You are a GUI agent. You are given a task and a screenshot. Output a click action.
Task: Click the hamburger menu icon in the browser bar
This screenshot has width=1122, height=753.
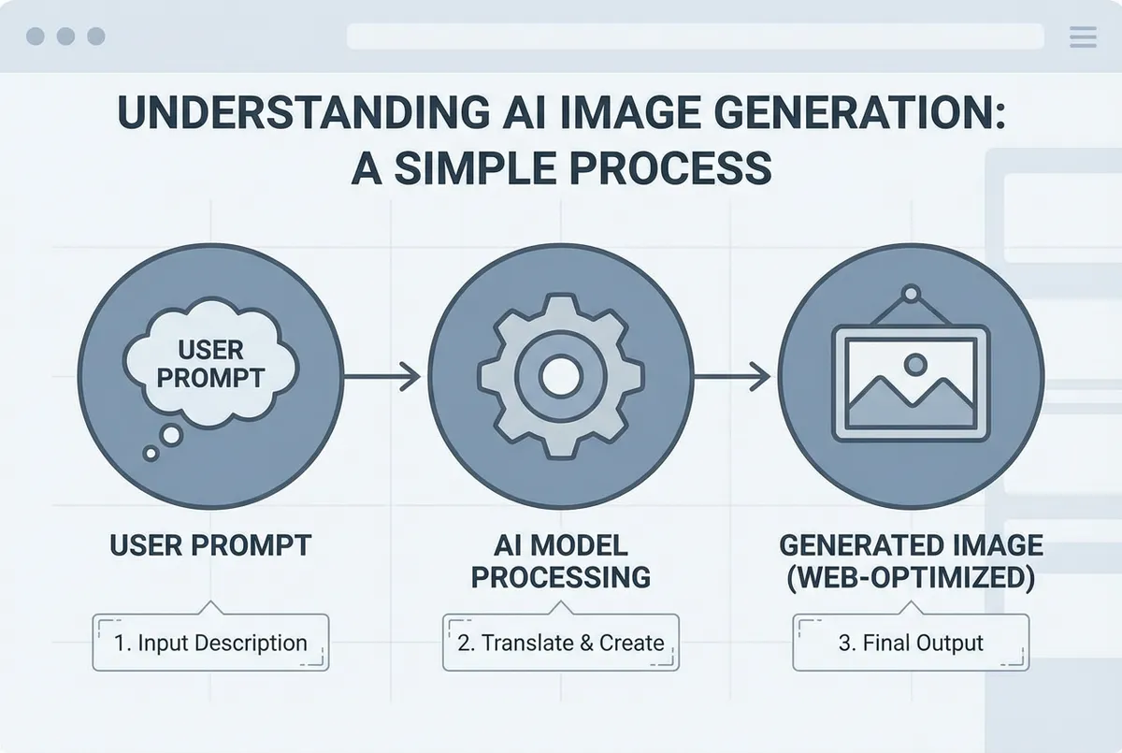click(1082, 36)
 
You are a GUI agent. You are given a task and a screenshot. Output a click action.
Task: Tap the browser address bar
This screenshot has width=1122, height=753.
click(695, 36)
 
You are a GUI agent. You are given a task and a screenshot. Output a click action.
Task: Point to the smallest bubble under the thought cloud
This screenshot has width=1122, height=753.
click(151, 454)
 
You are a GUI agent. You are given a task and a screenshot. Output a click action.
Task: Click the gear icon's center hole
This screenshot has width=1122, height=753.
click(560, 377)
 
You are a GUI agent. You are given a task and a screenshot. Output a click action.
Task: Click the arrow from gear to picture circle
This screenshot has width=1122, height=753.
click(734, 377)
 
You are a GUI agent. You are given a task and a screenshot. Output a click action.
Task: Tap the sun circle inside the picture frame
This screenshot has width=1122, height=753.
click(915, 363)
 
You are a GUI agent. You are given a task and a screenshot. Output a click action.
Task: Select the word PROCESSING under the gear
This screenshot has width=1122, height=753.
click(560, 576)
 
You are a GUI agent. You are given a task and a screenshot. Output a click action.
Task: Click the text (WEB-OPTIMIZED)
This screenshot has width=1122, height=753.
click(911, 576)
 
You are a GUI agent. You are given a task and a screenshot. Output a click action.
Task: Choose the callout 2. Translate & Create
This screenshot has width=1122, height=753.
click(560, 643)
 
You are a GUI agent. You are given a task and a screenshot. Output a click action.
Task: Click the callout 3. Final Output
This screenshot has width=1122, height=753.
click(911, 643)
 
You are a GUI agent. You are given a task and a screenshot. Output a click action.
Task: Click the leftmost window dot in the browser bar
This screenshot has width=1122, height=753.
click(36, 36)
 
